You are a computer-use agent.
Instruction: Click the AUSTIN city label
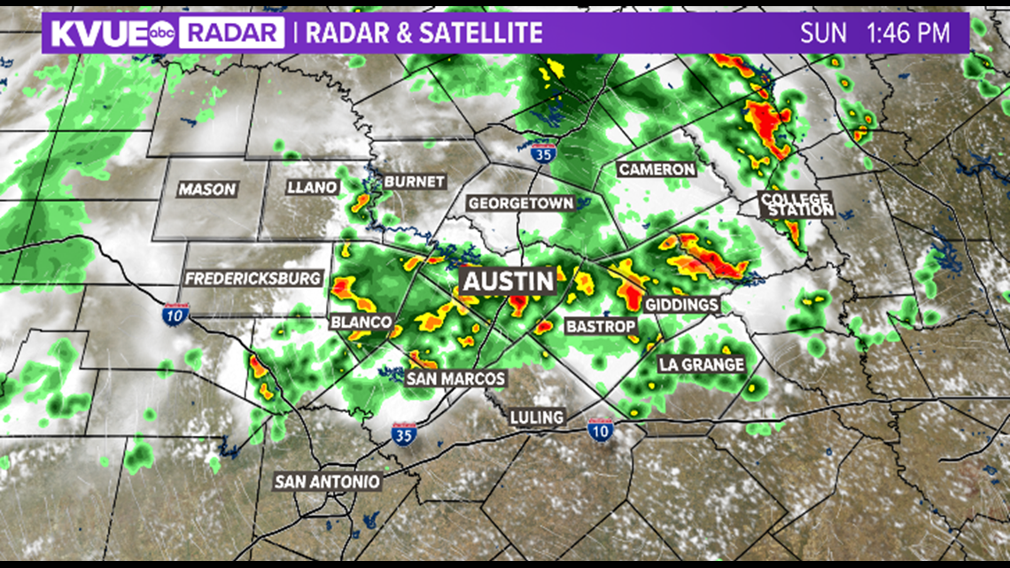click(509, 282)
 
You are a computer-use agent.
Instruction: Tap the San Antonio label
click(327, 482)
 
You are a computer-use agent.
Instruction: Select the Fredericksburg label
click(252, 278)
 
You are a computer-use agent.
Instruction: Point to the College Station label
click(796, 204)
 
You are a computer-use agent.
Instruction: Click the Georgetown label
click(521, 203)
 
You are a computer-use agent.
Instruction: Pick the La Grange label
click(701, 364)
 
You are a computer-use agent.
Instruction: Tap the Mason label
click(207, 189)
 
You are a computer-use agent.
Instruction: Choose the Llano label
click(313, 187)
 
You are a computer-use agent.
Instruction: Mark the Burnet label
click(414, 182)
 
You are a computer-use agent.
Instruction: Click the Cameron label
click(656, 169)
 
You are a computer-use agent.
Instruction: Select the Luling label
click(537, 416)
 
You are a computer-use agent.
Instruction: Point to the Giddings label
click(681, 305)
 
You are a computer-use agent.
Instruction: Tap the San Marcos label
click(455, 378)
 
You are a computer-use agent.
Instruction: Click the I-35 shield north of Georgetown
click(544, 152)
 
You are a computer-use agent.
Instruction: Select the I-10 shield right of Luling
click(600, 430)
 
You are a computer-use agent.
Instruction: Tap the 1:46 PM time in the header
click(908, 34)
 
